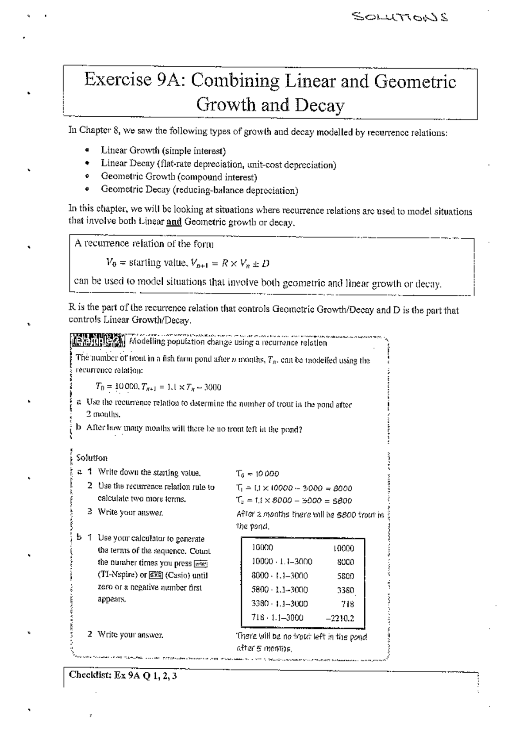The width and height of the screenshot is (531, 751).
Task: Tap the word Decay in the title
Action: [319, 105]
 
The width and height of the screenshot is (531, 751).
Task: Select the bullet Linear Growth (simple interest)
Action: [163, 151]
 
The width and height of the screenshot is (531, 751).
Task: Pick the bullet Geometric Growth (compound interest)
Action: [179, 177]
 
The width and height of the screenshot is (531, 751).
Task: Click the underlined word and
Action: [174, 222]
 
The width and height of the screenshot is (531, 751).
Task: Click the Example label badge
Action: [98, 342]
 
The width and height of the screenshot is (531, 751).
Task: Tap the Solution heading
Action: [92, 458]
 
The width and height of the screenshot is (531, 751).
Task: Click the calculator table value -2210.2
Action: [340, 618]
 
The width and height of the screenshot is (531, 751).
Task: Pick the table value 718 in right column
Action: [347, 604]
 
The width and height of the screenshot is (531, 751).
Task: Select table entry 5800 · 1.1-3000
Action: [280, 590]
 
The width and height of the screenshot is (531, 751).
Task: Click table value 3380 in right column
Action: [345, 590]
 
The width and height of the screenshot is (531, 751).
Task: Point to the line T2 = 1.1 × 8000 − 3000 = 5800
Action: [294, 501]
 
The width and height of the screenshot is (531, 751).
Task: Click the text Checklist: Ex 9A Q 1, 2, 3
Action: [123, 675]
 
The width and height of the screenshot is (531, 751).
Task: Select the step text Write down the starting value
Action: [149, 473]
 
